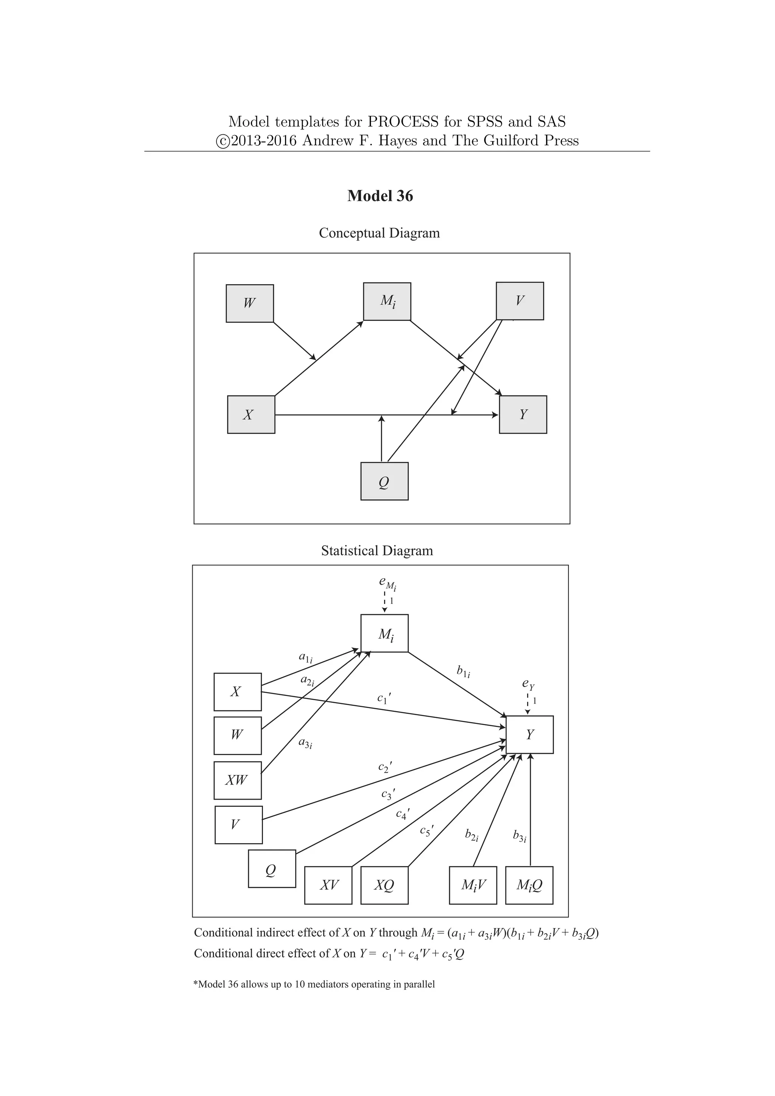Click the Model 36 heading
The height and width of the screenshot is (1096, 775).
380,196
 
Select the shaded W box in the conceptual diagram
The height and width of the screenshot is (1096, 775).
250,304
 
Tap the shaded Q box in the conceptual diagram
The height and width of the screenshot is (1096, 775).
384,481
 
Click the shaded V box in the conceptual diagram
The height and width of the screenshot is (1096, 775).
520,301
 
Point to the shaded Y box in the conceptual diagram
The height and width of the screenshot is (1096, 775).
523,414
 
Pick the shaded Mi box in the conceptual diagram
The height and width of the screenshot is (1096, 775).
387,301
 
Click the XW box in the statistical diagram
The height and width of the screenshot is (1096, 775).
237,780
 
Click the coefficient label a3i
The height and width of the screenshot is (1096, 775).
305,743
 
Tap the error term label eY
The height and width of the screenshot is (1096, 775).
528,685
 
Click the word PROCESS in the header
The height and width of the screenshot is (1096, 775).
402,122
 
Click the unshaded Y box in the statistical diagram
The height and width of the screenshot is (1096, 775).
530,735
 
